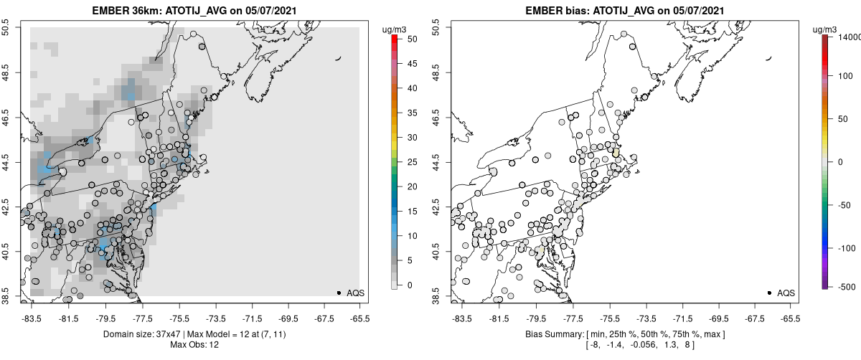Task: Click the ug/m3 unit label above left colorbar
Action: point(395,29)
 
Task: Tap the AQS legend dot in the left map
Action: point(339,293)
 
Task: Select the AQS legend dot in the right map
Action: point(769,293)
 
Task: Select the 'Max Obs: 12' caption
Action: point(194,345)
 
